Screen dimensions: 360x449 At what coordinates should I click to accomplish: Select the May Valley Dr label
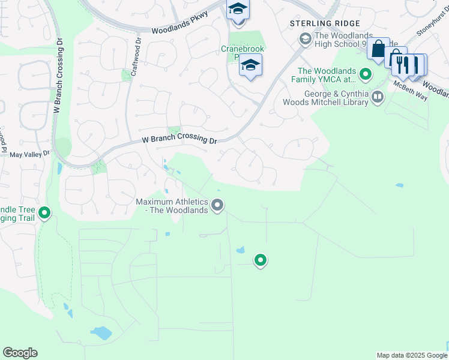pyautogui.click(x=29, y=154)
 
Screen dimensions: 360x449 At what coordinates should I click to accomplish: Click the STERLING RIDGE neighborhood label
pyautogui.click(x=319, y=23)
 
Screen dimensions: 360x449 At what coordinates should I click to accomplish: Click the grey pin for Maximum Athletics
pyautogui.click(x=218, y=206)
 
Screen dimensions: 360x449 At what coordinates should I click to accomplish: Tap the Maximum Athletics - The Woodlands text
pyautogui.click(x=172, y=206)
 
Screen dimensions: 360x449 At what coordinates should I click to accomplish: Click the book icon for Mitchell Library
pyautogui.click(x=378, y=97)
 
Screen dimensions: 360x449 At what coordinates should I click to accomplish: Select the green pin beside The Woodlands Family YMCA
pyautogui.click(x=365, y=75)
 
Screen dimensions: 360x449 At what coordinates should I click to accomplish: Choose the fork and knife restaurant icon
pyautogui.click(x=406, y=64)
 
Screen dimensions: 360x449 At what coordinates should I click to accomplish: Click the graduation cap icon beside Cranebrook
pyautogui.click(x=250, y=65)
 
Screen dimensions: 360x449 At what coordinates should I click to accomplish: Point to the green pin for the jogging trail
pyautogui.click(x=44, y=213)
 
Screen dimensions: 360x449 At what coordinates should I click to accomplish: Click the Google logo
pyautogui.click(x=20, y=353)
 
